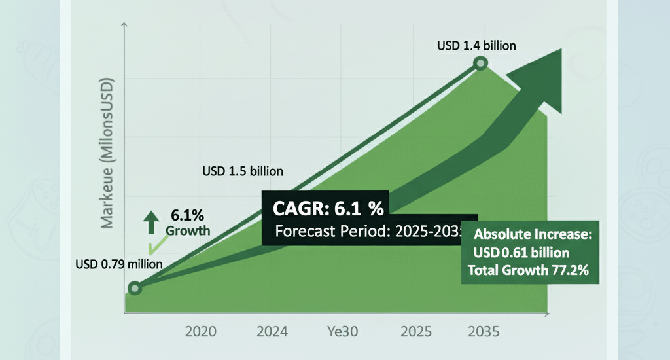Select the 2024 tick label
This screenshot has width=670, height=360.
272,331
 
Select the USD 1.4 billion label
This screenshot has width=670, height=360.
476,46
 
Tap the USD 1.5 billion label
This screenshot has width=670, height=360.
242,171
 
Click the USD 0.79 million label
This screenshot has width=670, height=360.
118,264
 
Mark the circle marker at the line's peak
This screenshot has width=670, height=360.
480,63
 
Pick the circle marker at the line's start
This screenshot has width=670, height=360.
135,288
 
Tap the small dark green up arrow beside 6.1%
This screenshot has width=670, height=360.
150,223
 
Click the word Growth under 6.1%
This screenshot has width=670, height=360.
188,230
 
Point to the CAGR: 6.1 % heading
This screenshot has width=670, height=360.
327,209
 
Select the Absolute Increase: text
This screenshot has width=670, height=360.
532,235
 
